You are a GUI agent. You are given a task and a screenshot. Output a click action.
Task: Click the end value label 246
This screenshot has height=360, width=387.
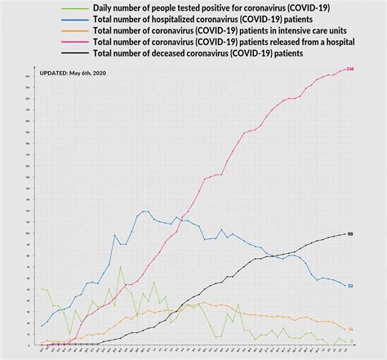coord(350,69)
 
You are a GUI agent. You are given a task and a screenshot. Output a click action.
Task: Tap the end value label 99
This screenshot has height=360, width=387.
coord(350,234)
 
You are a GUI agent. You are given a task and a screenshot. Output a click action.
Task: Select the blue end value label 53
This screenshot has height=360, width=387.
coord(350,286)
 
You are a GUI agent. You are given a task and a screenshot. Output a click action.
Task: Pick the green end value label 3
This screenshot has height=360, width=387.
coord(351,341)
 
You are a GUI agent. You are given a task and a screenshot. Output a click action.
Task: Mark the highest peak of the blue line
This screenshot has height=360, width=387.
coord(145,211)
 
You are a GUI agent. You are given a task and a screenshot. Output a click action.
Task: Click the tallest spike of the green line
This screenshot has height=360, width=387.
coord(121,266)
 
